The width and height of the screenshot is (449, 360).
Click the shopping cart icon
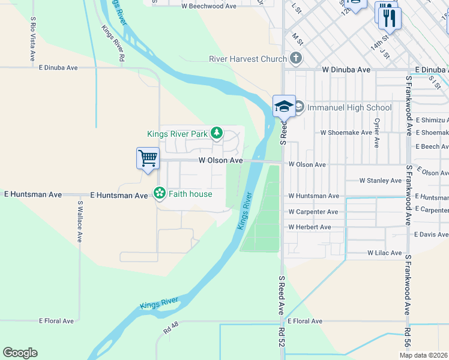point(148,158)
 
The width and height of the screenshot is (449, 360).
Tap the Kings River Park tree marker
point(216,133)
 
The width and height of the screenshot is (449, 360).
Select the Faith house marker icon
point(160,193)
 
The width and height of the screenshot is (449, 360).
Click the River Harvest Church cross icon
point(295,59)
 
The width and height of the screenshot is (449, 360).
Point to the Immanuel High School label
point(349,108)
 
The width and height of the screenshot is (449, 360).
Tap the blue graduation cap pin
point(284,107)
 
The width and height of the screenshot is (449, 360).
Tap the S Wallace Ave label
point(79,221)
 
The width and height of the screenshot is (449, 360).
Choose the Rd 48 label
point(171,329)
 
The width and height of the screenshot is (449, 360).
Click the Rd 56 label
point(408,341)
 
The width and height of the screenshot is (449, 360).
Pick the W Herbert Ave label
point(309,227)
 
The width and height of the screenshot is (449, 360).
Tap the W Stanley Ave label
point(380,181)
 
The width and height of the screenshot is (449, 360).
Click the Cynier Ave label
point(377,133)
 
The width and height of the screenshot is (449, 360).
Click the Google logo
point(20,353)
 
